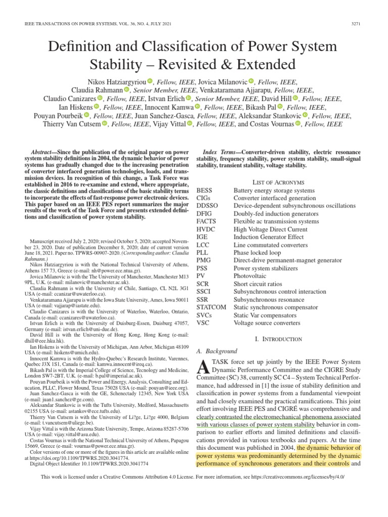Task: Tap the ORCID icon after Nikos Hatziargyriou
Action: (x=150, y=81)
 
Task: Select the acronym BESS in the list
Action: (x=205, y=190)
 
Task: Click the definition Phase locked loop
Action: (x=258, y=252)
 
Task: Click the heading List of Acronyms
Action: (x=278, y=181)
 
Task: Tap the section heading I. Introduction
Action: (x=278, y=339)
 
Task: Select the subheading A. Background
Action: (x=216, y=350)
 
